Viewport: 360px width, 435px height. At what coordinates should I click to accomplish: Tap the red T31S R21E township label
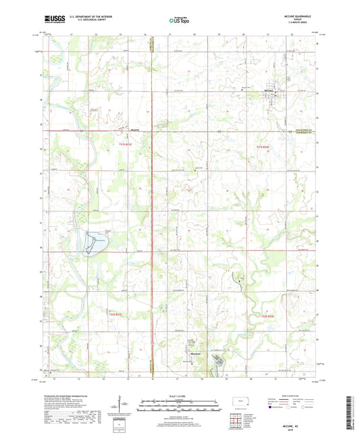[125, 144]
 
